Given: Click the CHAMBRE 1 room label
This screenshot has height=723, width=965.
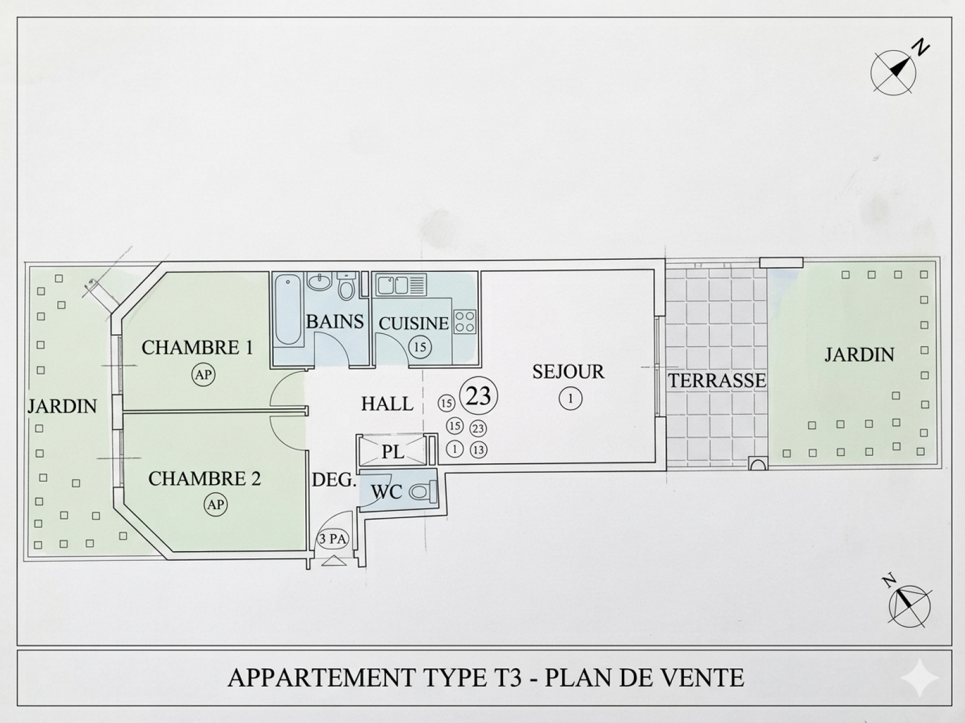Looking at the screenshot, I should [197, 348].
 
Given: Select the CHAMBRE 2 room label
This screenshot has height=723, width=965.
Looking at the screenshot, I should [204, 479].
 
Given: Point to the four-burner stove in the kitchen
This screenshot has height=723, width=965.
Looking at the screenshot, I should [464, 321].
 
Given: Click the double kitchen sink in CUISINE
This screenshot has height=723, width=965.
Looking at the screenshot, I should [393, 284].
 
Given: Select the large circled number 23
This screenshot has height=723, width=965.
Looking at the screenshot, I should [479, 396].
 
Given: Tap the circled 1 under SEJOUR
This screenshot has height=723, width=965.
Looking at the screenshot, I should [571, 398].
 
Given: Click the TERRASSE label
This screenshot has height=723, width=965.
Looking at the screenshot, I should [717, 380].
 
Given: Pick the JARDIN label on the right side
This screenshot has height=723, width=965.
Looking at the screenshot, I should [859, 355].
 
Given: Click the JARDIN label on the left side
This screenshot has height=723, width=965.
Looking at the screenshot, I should [62, 406].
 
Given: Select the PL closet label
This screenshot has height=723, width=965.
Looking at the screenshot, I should [393, 452].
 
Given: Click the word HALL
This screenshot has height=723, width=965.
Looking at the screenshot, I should [387, 403].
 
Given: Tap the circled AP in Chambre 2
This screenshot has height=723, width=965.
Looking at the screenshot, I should [216, 504].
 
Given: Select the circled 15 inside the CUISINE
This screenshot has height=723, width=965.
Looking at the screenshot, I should [420, 347].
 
